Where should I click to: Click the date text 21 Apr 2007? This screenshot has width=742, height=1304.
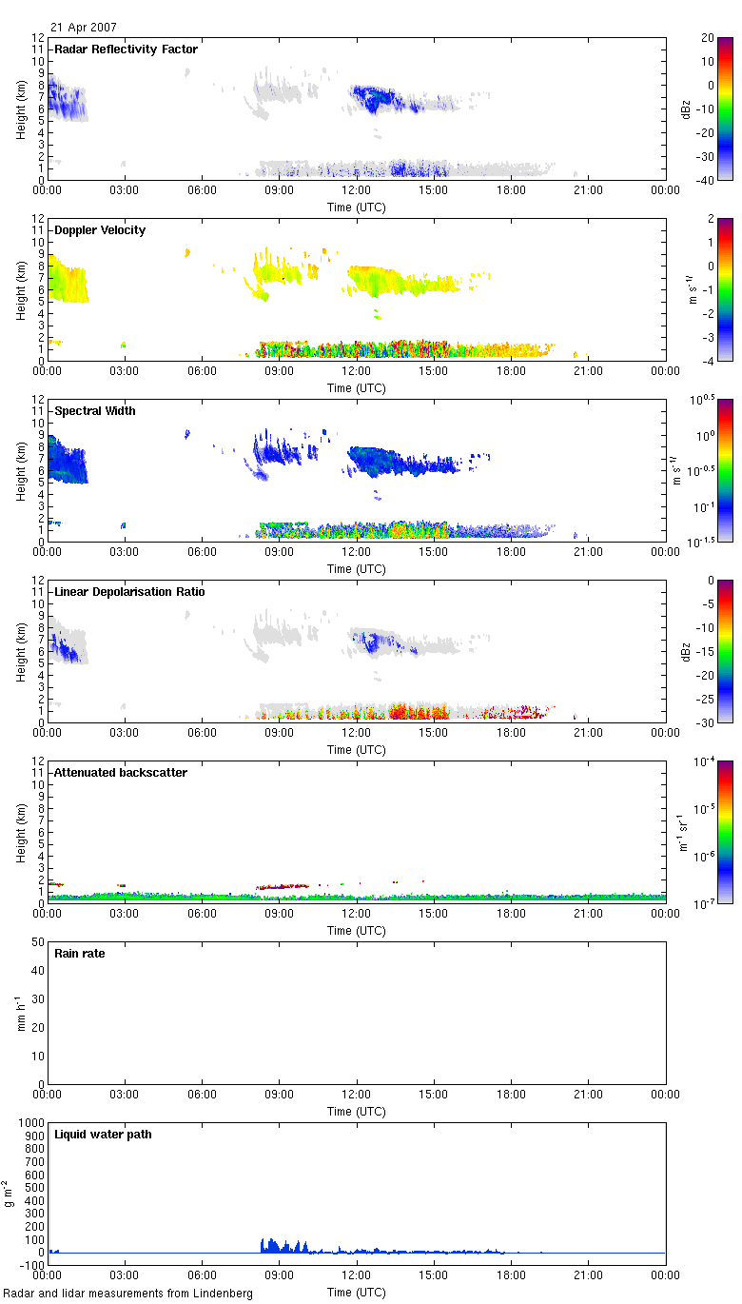pos(84,28)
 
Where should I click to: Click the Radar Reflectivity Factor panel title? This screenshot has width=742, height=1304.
pos(127,49)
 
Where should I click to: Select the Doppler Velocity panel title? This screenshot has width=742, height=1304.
pos(100,230)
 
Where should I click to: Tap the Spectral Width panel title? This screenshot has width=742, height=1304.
pos(95,411)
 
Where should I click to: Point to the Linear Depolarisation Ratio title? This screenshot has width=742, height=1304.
pos(128,592)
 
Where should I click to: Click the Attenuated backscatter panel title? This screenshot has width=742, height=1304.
pos(121,773)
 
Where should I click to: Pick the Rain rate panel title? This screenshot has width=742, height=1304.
pos(80,954)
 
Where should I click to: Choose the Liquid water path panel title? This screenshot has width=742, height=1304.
pos(103,1135)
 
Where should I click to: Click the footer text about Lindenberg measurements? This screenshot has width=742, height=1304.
pos(128,1294)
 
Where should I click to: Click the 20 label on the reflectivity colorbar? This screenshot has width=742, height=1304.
pos(709,38)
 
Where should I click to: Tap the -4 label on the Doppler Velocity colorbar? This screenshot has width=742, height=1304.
pos(709,361)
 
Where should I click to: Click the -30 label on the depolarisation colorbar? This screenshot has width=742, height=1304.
pos(709,722)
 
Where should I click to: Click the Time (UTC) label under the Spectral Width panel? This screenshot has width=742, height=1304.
pos(357,569)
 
